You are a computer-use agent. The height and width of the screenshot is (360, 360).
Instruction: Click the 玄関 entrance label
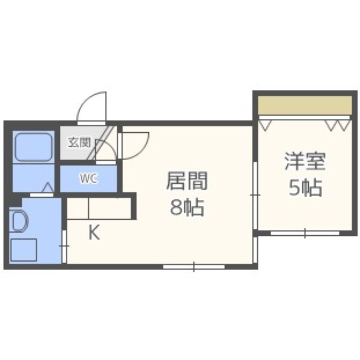coord(79,143)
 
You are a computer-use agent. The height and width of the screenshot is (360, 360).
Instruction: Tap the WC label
coord(88,179)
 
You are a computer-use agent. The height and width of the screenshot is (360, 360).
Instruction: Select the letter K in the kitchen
coord(93,233)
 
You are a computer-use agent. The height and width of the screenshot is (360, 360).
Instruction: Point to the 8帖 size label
coord(186,207)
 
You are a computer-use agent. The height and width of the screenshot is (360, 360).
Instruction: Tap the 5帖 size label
coord(305,188)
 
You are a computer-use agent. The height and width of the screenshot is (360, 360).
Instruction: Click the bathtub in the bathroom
coord(33,147)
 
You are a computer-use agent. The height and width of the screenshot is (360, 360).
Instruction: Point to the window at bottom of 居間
coord(194,267)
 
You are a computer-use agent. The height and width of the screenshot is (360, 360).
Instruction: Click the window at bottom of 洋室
coord(305,233)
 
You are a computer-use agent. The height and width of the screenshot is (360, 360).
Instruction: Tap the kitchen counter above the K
coord(99,207)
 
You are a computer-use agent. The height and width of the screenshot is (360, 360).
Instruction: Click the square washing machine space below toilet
coord(23,250)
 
